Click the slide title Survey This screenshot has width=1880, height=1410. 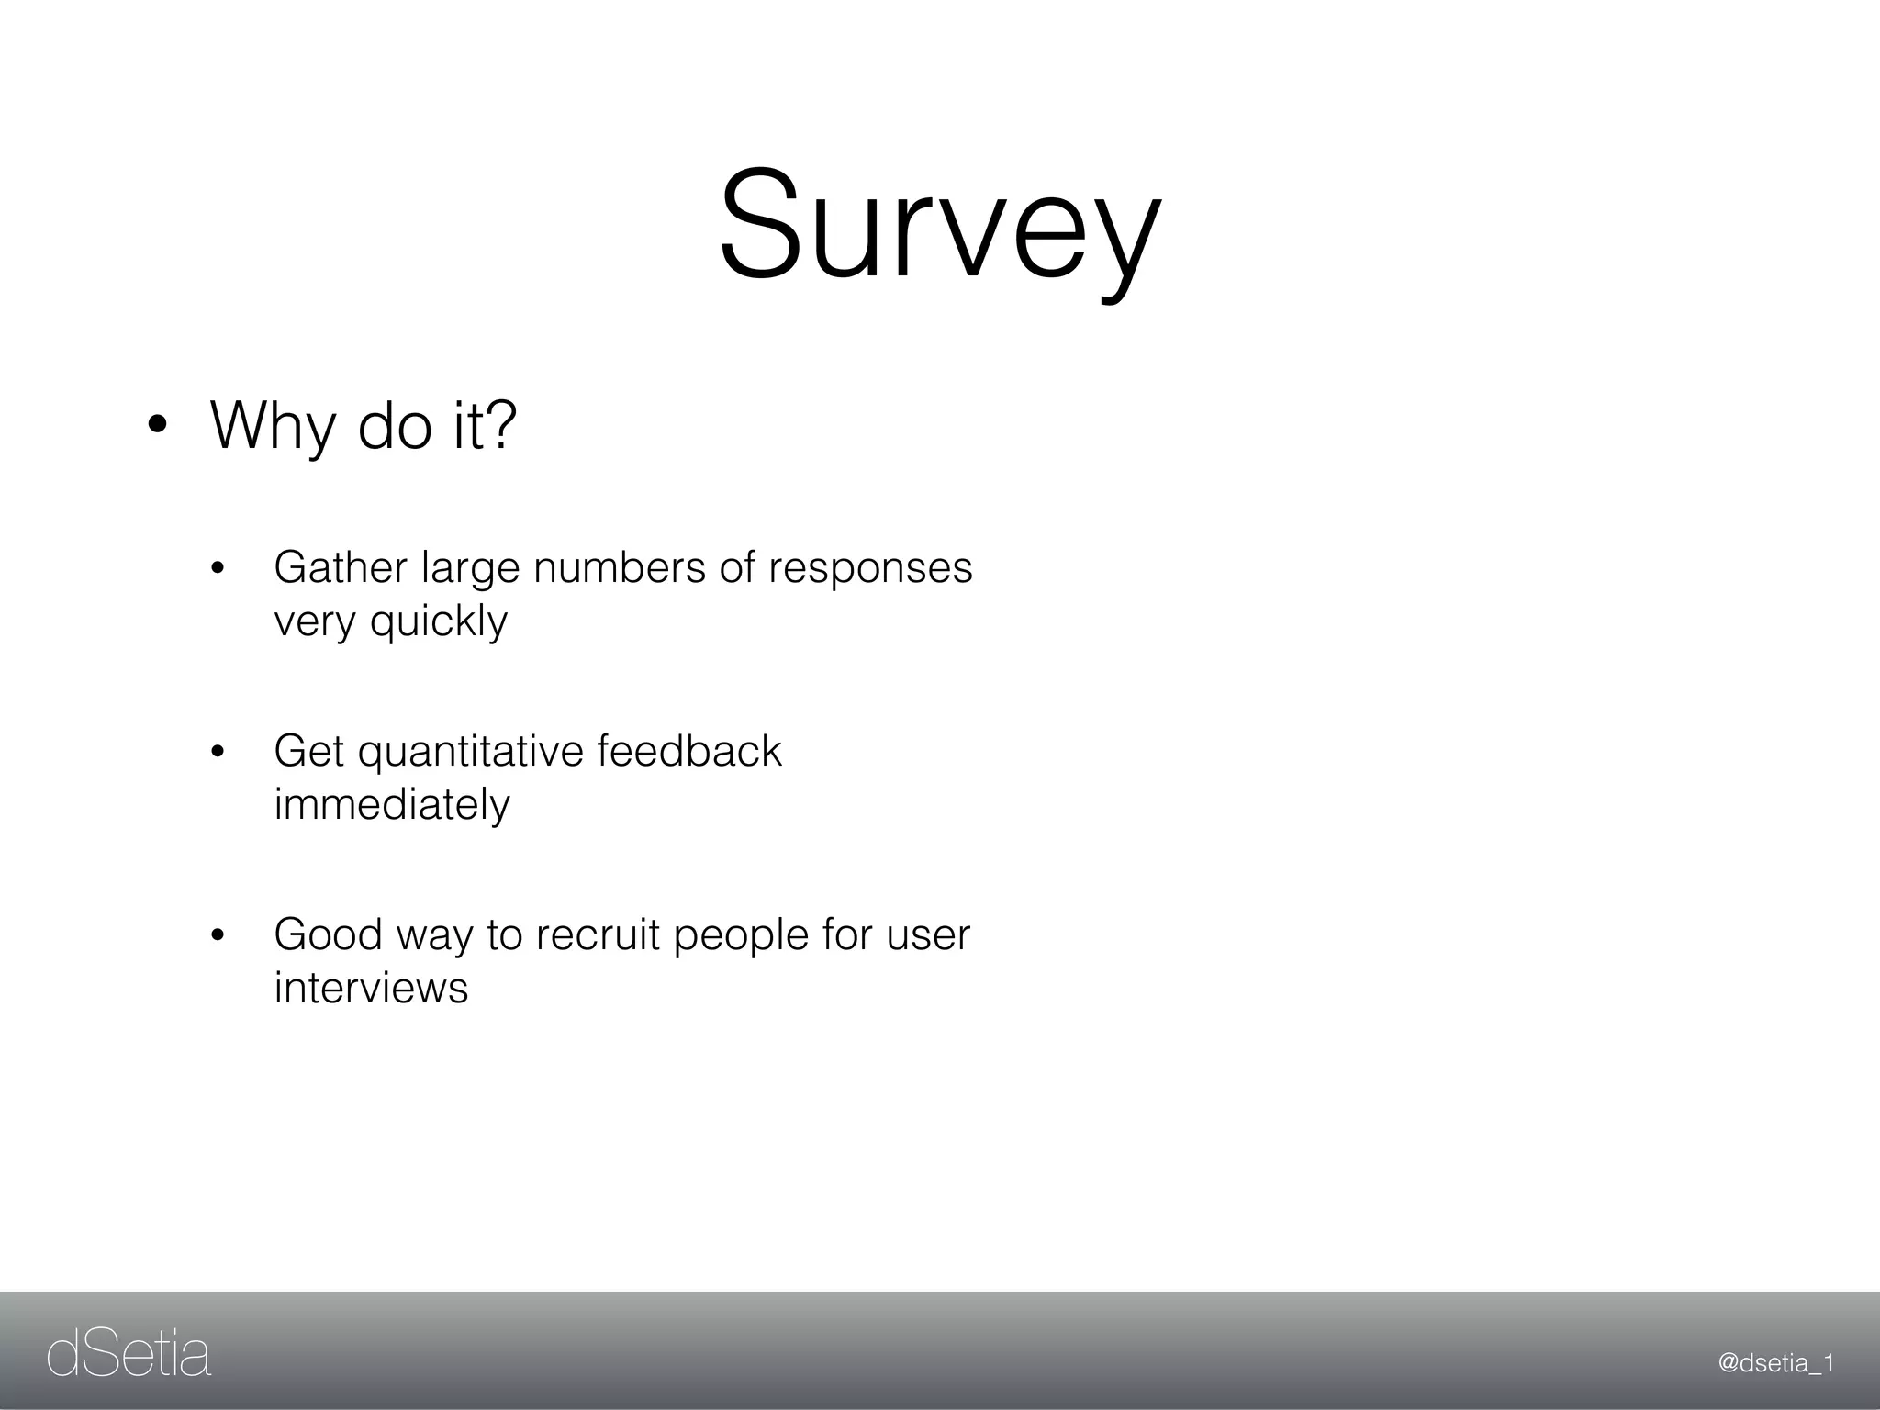coord(940,225)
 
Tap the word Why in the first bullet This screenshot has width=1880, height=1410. coord(273,427)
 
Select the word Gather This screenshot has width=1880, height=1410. coord(340,567)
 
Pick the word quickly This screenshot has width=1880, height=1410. coord(438,622)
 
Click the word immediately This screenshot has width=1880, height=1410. coord(391,805)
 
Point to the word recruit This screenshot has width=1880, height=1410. coord(598,934)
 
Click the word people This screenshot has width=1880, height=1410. coord(741,936)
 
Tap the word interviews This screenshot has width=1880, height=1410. coord(371,988)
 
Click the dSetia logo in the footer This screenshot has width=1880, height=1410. coord(129,1355)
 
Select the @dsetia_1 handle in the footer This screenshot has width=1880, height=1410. coord(1775,1363)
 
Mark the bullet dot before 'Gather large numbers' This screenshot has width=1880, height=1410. coord(218,569)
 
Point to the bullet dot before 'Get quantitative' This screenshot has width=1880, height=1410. coord(218,753)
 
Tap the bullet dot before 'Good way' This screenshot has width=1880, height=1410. coord(218,936)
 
